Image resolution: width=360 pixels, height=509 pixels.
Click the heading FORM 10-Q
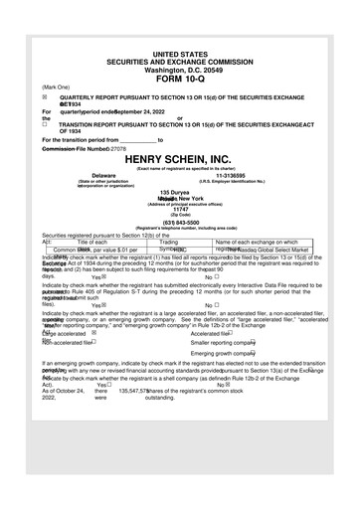pos(179,78)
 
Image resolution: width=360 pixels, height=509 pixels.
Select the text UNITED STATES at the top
pos(179,52)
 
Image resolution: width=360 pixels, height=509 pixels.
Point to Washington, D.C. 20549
pos(179,69)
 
